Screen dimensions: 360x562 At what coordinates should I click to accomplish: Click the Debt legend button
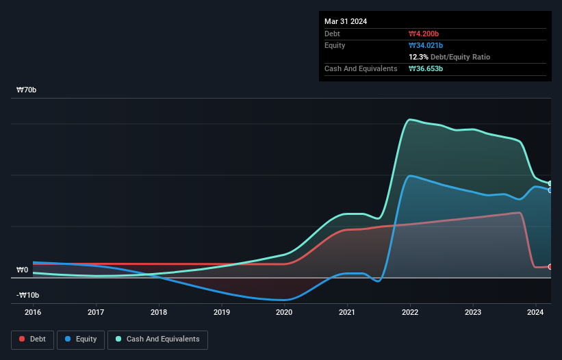33,339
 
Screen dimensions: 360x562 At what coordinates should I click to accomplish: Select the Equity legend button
81,339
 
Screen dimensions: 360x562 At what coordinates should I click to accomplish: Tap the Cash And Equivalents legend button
157,339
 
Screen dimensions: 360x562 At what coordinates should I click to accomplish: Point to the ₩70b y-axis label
27,90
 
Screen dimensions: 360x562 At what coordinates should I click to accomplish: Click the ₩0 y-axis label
23,270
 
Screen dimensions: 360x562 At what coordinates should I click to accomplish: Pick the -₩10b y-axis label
27,295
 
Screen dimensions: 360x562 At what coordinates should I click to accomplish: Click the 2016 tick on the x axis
33,312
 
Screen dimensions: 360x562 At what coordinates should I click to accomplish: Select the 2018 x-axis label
159,312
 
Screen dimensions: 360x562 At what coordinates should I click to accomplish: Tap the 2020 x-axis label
284,312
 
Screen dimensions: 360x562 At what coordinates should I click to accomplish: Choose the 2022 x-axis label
410,312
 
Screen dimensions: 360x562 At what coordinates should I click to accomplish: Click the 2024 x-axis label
535,312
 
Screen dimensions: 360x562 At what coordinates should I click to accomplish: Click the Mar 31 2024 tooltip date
346,21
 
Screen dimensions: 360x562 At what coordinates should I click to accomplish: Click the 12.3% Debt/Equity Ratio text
449,57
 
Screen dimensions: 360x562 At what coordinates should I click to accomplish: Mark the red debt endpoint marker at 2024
550,266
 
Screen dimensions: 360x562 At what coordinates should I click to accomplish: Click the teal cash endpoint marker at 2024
550,183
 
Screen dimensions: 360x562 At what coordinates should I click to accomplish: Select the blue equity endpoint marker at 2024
550,190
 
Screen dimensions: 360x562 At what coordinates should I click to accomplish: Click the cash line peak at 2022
410,120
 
